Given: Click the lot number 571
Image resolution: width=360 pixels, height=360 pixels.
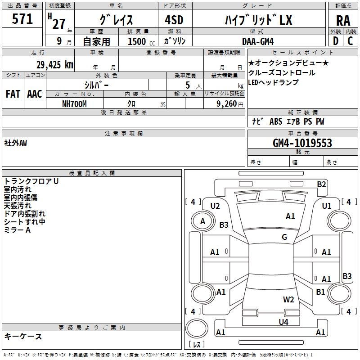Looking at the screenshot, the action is pyautogui.click(x=22, y=19).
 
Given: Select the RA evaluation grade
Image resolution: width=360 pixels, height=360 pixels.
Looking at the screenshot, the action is pyautogui.click(x=343, y=21).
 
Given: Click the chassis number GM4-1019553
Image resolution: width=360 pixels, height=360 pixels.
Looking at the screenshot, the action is pyautogui.click(x=302, y=143).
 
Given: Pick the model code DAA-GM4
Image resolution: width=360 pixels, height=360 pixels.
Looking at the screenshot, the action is pyautogui.click(x=258, y=41).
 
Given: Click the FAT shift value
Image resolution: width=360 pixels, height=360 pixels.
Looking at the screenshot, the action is pyautogui.click(x=13, y=94).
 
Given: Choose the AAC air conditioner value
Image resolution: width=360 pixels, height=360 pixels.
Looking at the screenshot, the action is pyautogui.click(x=35, y=94).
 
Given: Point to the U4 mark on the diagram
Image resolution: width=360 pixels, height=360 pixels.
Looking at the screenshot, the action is pyautogui.click(x=283, y=322).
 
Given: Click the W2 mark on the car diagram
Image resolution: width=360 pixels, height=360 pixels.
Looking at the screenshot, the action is pyautogui.click(x=288, y=300).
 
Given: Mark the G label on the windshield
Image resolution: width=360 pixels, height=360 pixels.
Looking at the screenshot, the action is pyautogui.click(x=284, y=237).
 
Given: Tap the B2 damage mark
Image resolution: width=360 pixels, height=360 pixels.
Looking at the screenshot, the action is pyautogui.click(x=321, y=184).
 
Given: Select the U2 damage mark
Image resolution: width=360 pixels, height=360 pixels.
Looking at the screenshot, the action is pyautogui.click(x=215, y=206).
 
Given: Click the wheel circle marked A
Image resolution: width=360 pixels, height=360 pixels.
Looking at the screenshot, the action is pyautogui.click(x=202, y=221).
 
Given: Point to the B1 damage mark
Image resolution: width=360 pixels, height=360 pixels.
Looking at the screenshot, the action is pyautogui.click(x=320, y=292).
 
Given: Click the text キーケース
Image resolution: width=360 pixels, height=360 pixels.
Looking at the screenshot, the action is pyautogui.click(x=23, y=336).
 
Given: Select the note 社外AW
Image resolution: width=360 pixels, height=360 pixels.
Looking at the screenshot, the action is pyautogui.click(x=15, y=143).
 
